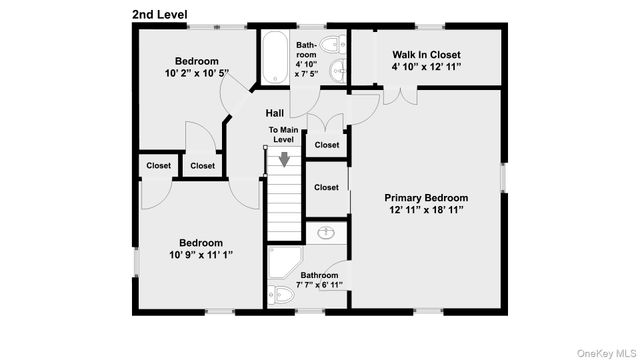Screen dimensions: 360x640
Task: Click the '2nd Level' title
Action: (160, 13)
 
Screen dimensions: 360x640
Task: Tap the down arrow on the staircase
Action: (285, 158)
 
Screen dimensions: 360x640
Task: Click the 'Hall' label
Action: (275, 113)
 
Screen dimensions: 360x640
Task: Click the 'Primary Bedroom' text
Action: (427, 198)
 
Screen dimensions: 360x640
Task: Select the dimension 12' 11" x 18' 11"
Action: (427, 211)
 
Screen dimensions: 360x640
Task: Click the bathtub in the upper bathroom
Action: (276, 60)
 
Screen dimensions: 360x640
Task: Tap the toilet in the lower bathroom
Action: (280, 296)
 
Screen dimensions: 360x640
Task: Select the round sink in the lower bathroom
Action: (326, 232)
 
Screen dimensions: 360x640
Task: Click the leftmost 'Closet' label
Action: (158, 166)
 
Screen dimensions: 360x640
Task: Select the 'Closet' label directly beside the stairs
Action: (326, 187)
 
